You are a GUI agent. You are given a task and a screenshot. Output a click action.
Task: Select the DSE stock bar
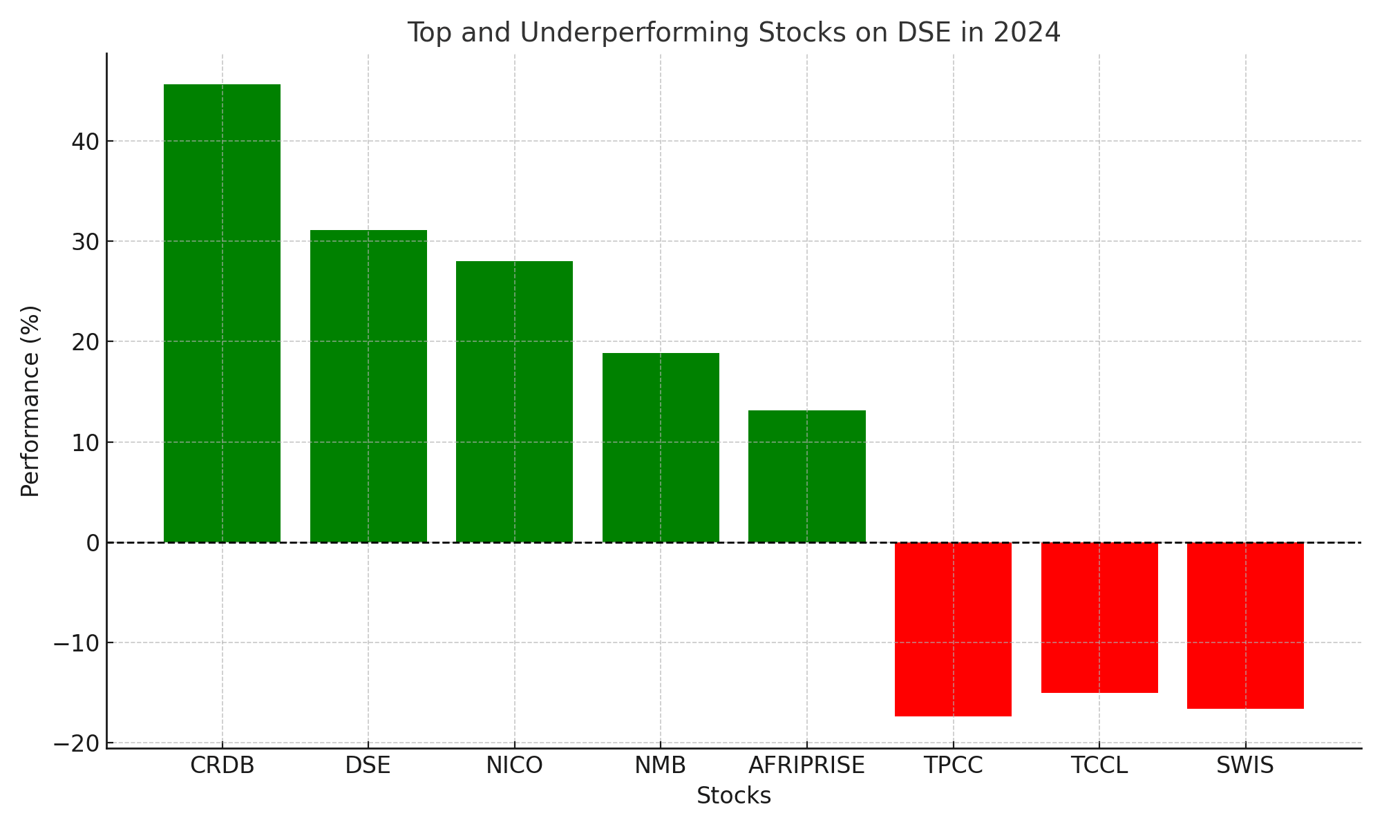(x=368, y=386)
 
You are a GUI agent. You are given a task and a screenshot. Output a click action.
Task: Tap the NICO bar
(x=514, y=401)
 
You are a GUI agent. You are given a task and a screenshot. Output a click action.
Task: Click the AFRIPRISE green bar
(x=806, y=476)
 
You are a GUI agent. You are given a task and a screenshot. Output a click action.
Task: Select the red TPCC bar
(x=953, y=629)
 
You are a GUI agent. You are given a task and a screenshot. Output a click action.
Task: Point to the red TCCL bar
(x=1099, y=618)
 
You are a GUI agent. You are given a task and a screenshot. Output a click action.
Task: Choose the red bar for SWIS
(x=1245, y=625)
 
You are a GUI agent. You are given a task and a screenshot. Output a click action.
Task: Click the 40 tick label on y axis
(x=85, y=142)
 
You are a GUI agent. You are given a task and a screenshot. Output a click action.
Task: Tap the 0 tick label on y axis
(x=93, y=543)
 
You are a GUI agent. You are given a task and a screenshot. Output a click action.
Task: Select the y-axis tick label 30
(x=85, y=242)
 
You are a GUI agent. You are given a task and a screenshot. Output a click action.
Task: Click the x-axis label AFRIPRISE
(x=806, y=765)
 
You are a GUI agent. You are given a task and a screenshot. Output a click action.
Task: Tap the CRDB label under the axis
(x=222, y=765)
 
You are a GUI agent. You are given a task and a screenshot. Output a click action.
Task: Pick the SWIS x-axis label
(x=1245, y=765)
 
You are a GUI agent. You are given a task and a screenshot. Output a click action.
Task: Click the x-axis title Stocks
(x=733, y=796)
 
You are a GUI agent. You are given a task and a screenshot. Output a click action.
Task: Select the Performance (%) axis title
(x=30, y=401)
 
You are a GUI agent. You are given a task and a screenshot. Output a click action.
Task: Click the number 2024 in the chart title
(x=1026, y=32)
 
